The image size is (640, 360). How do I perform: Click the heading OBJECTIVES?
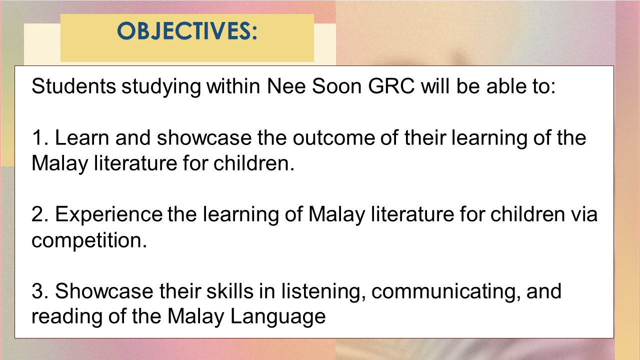pyautogui.click(x=187, y=31)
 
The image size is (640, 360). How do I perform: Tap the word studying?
pyautogui.click(x=161, y=87)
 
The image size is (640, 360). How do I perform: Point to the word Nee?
pyautogui.click(x=286, y=86)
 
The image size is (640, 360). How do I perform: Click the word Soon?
pyautogui.click(x=337, y=86)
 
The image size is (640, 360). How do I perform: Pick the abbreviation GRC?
pyautogui.click(x=391, y=86)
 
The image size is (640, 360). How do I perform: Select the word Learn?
pyautogui.click(x=82, y=137)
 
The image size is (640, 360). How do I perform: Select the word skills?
pyautogui.click(x=229, y=291)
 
